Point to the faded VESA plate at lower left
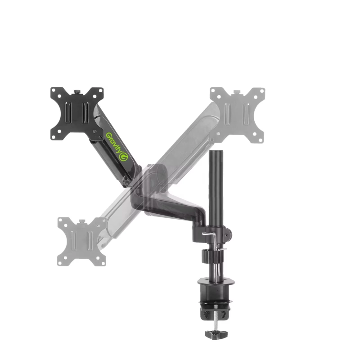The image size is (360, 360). click(x=82, y=242)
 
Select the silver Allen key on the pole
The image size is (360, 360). click(x=209, y=236)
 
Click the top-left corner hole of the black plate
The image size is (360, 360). click(x=55, y=93)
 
